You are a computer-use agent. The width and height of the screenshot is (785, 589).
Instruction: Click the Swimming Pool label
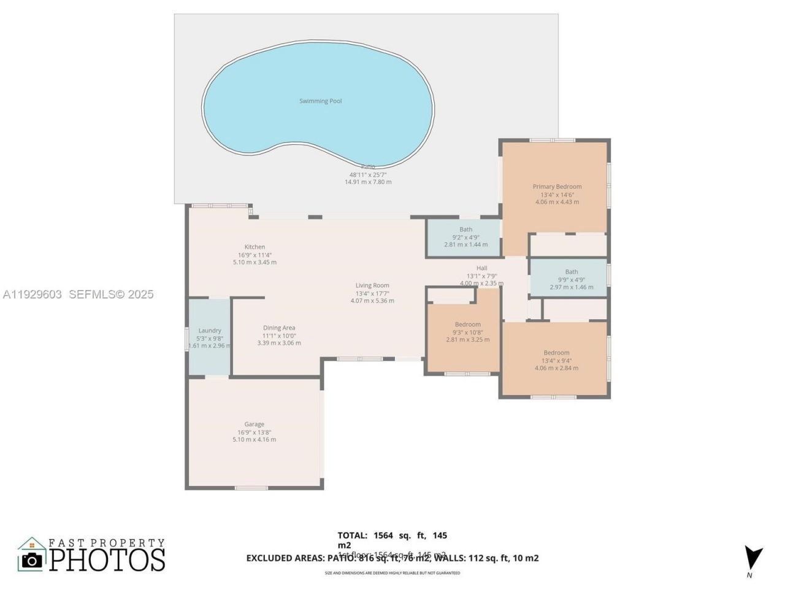point(320,101)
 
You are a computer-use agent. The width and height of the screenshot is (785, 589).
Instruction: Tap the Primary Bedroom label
point(557,187)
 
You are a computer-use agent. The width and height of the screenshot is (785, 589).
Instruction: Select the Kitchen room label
point(255,247)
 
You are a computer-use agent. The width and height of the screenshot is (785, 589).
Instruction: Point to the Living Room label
point(372,285)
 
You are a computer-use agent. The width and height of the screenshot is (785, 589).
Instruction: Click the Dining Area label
point(279,328)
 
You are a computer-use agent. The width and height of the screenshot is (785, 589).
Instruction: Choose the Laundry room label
point(210,331)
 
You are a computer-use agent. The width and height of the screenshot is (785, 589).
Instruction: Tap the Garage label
point(254,424)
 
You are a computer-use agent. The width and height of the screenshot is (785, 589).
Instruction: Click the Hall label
point(481,268)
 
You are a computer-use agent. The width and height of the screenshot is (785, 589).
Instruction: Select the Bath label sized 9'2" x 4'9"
point(465,229)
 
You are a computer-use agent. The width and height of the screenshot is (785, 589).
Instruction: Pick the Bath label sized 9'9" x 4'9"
point(571,272)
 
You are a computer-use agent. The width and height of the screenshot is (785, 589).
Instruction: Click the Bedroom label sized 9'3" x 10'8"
point(467,325)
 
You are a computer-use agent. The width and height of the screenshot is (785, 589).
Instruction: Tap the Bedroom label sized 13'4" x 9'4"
point(556,353)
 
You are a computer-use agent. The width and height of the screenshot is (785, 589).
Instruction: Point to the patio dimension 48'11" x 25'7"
point(368,175)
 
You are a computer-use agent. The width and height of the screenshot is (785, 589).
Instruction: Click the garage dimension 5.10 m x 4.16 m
point(254,439)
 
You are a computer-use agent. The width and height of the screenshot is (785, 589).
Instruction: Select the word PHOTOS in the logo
point(107,560)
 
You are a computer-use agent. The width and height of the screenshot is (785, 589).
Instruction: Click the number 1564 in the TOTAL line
point(383,536)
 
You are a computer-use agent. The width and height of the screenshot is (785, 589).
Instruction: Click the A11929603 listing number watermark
point(33,294)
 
